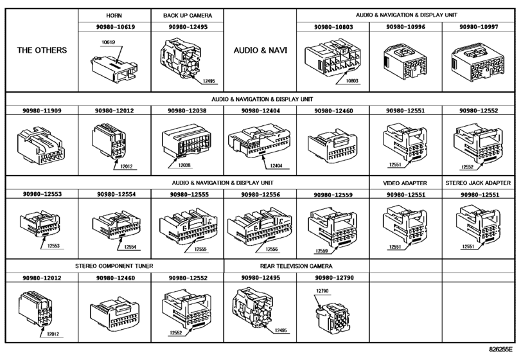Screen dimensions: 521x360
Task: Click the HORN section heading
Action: coord(114,15)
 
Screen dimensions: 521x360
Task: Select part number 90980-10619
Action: coord(115,27)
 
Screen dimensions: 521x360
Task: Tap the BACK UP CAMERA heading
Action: coord(188,15)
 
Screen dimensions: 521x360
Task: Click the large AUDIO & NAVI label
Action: coord(260,51)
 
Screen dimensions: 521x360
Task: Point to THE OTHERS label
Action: coord(42,50)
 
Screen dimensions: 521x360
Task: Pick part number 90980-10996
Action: coord(405,27)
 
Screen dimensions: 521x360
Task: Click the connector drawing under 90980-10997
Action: coord(478,62)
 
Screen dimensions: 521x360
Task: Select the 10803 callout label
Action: coord(352,81)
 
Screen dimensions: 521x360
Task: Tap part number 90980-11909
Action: coord(42,111)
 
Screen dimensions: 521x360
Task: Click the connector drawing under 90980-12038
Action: coord(187,141)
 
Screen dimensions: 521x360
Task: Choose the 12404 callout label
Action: coord(276,166)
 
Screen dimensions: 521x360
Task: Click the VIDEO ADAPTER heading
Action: coord(405,183)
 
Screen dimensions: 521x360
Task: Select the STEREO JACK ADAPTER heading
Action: coord(478,183)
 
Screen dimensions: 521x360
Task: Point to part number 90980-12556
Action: coord(261,194)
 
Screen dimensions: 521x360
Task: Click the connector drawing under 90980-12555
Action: coord(188,228)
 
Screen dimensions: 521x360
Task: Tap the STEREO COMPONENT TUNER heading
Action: coord(114,266)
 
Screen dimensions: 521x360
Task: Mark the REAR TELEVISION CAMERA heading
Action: coord(296,266)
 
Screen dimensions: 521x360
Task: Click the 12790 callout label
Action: coord(322,291)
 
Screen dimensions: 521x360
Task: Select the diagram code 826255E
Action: coord(500,349)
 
